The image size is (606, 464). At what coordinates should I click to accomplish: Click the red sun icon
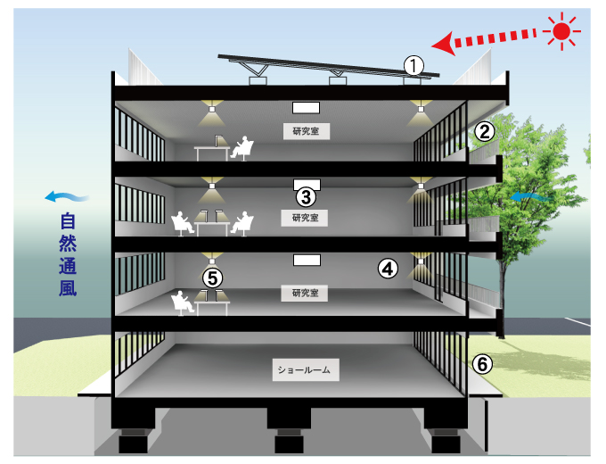pyautogui.click(x=561, y=32)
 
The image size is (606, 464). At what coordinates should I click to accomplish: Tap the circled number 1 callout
pyautogui.click(x=413, y=64)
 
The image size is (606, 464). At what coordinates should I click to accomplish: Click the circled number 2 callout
pyautogui.click(x=484, y=131)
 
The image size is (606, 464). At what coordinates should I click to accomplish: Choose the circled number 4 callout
pyautogui.click(x=388, y=267)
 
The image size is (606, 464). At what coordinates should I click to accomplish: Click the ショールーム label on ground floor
pyautogui.click(x=305, y=369)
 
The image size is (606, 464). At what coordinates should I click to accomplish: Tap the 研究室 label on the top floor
pyautogui.click(x=306, y=131)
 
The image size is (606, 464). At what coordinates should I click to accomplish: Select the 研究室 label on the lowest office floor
pyautogui.click(x=306, y=293)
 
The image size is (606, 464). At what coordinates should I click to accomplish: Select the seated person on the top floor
pyautogui.click(x=241, y=148)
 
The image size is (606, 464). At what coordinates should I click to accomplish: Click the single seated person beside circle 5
pyautogui.click(x=184, y=302)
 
